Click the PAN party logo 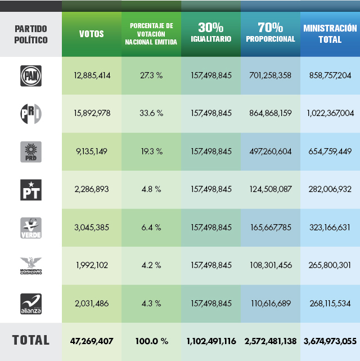pos(30,75)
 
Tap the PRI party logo pos(30,113)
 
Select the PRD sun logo pos(30,151)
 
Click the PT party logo pos(30,189)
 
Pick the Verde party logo pos(30,228)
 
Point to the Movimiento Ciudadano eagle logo pos(30,265)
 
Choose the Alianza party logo pos(30,304)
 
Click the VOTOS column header pos(92,34)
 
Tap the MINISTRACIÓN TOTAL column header pos(330,34)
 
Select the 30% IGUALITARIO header pos(211,33)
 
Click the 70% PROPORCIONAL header pos(270,33)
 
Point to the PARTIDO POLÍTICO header pos(30,34)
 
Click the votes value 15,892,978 pos(92,113)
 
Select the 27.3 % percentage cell pos(151,75)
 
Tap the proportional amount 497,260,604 pos(270,151)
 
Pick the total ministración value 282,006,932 pos(330,189)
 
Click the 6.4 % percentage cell pos(151,228)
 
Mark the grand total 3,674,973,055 pos(330,341)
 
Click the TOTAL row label pos(30,340)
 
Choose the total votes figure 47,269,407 pos(92,341)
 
